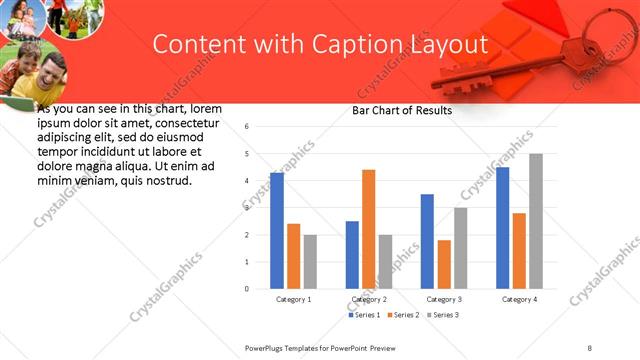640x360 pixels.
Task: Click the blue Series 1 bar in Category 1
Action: coord(277,231)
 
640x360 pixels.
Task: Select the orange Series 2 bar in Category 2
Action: coord(369,229)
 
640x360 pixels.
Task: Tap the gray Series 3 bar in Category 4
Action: coord(536,221)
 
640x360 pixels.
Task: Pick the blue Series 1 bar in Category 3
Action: coord(427,241)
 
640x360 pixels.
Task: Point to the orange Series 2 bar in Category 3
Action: coord(444,264)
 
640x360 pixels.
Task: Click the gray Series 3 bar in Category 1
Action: coord(310,262)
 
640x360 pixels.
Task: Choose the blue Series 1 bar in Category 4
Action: coord(503,228)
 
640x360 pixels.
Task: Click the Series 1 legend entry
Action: coord(363,315)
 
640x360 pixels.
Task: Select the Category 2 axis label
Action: coord(369,300)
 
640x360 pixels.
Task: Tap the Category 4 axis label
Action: coord(519,300)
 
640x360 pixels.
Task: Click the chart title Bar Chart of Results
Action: coord(402,110)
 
